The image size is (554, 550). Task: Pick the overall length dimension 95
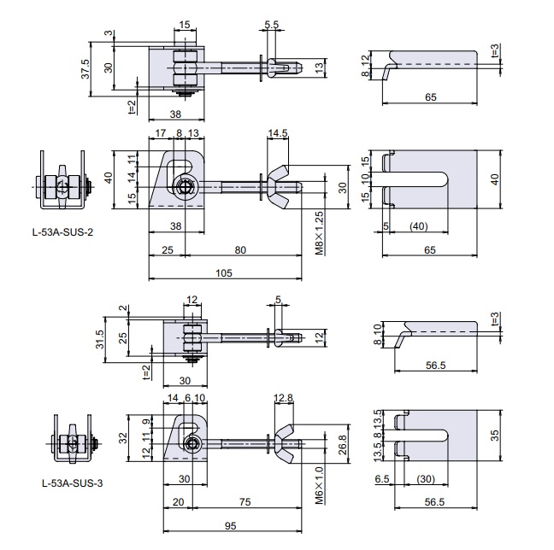[x=230, y=525]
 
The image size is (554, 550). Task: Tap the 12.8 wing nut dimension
[x=285, y=397]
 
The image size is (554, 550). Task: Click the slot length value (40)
[x=419, y=225]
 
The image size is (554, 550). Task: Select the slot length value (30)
[x=422, y=480]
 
